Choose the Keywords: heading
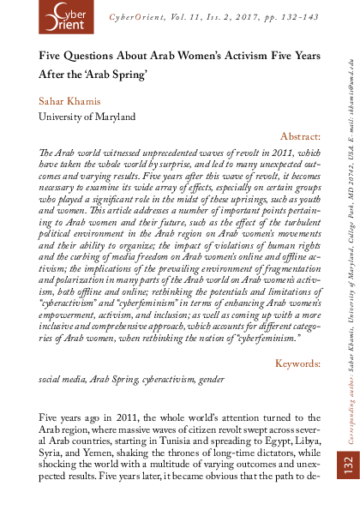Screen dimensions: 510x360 coord(297,387)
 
